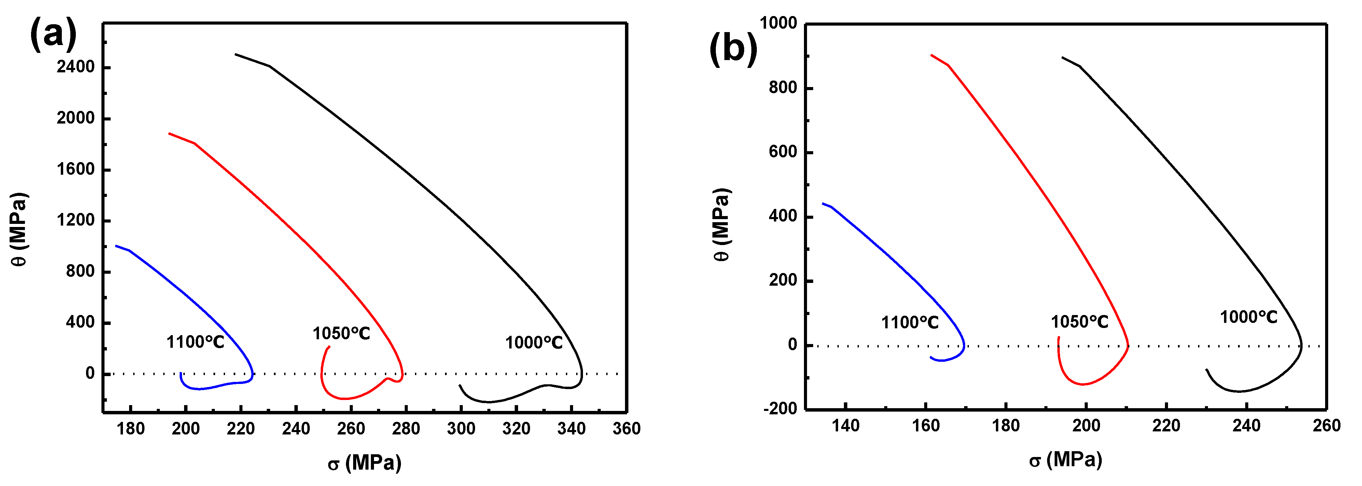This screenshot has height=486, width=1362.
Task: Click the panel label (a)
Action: click(53, 35)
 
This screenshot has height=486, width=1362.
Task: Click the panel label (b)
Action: click(733, 48)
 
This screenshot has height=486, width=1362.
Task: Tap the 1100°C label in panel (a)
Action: click(195, 342)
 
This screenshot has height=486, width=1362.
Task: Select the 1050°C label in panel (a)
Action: click(341, 333)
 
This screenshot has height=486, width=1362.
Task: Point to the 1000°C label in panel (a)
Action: click(533, 343)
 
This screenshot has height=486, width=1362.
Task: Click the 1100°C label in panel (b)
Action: click(909, 322)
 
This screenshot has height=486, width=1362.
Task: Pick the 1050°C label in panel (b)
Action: click(1079, 322)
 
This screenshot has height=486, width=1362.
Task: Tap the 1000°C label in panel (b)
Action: click(1248, 317)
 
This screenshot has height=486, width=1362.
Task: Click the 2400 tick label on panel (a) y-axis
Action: click(75, 67)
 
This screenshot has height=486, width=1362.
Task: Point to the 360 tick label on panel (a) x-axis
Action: click(627, 428)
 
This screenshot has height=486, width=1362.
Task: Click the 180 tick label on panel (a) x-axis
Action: click(130, 428)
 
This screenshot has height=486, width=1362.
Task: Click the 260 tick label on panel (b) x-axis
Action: click(1326, 426)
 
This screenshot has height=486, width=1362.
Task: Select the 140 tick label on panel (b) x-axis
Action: click(845, 426)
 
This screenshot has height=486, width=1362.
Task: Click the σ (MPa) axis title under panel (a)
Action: click(364, 463)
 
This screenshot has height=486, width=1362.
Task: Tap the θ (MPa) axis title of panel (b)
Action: click(722, 225)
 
